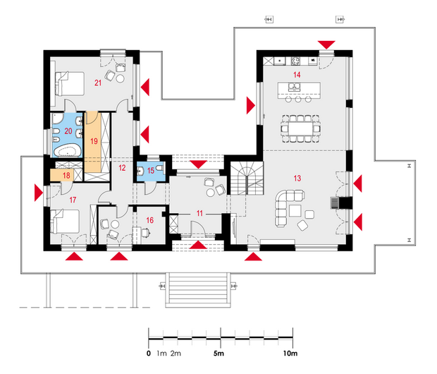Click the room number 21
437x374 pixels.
pos(98,83)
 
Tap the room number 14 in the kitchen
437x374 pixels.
pos(297,75)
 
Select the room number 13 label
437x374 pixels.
pos(297,179)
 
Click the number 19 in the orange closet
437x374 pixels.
pos(94,141)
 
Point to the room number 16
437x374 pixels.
pos(150,220)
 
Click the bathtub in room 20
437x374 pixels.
pos(67,151)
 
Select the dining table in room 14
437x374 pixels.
pos(300,128)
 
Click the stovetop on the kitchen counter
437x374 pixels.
pos(296,61)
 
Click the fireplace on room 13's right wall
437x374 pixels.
pos(334,203)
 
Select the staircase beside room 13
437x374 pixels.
pos(247,179)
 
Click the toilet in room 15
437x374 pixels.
pos(160,168)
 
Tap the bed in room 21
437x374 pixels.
pos(70,84)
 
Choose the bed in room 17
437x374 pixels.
pos(65,222)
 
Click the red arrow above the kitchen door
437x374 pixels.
pos(326,45)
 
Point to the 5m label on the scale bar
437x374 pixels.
pos(218,354)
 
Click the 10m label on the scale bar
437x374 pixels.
pos(290,354)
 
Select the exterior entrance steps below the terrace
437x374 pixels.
pos(198,290)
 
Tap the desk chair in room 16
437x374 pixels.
pos(146,232)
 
